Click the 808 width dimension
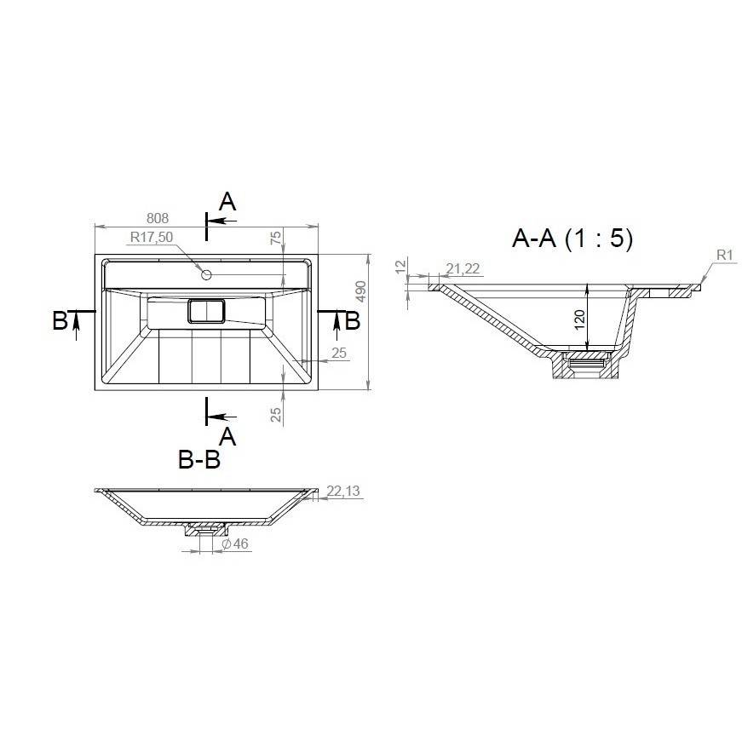(157, 218)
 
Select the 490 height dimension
(360, 291)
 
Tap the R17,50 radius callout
(152, 237)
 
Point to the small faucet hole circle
(206, 274)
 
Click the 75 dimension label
(275, 238)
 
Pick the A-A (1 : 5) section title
(572, 238)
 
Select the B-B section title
(199, 459)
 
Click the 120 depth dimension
(579, 319)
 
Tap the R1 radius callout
(724, 256)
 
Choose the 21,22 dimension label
(463, 269)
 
